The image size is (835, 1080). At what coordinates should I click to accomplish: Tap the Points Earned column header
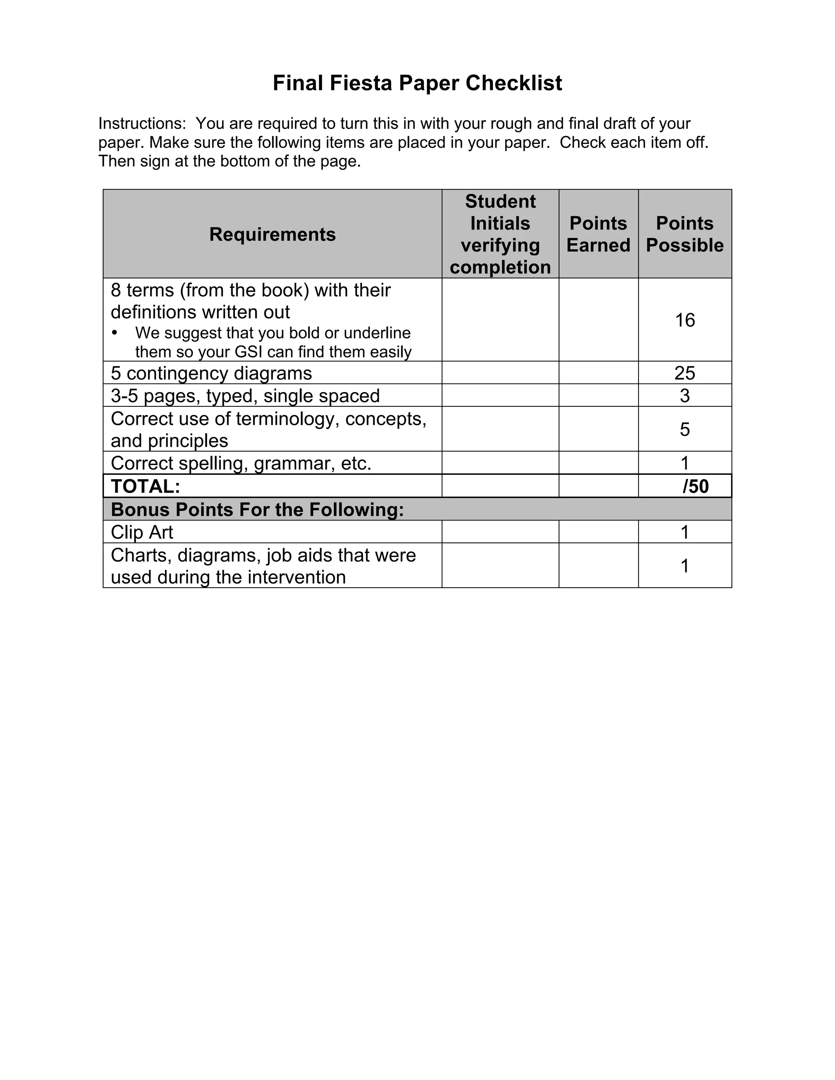pyautogui.click(x=598, y=234)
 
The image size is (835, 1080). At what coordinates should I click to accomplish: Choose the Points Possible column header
pyautogui.click(x=685, y=234)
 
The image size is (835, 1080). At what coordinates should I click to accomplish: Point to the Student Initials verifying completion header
pyautogui.click(x=500, y=234)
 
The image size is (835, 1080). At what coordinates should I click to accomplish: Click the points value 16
pyautogui.click(x=685, y=320)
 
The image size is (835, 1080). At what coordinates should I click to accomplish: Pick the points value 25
pyautogui.click(x=685, y=373)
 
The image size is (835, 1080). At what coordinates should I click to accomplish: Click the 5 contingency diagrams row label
pyautogui.click(x=211, y=373)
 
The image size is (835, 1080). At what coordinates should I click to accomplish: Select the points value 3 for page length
pyautogui.click(x=685, y=396)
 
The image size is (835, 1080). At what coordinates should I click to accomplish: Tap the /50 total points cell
pyautogui.click(x=696, y=487)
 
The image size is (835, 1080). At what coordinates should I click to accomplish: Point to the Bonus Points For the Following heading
pyautogui.click(x=257, y=509)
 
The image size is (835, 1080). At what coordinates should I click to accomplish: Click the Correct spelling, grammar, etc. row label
pyautogui.click(x=241, y=463)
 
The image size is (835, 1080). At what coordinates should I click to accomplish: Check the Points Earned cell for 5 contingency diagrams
pyautogui.click(x=598, y=373)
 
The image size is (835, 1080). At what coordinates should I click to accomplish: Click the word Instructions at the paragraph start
pyautogui.click(x=142, y=123)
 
